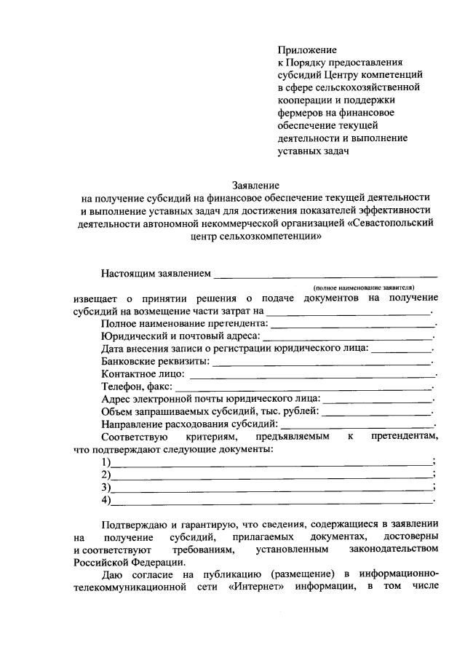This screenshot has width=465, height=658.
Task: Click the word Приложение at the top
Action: [307, 49]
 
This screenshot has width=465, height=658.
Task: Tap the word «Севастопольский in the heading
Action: [392, 223]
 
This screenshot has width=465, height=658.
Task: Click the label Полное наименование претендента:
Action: [185, 323]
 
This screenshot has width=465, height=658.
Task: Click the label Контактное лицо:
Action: [143, 374]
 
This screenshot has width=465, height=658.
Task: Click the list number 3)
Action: [106, 487]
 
